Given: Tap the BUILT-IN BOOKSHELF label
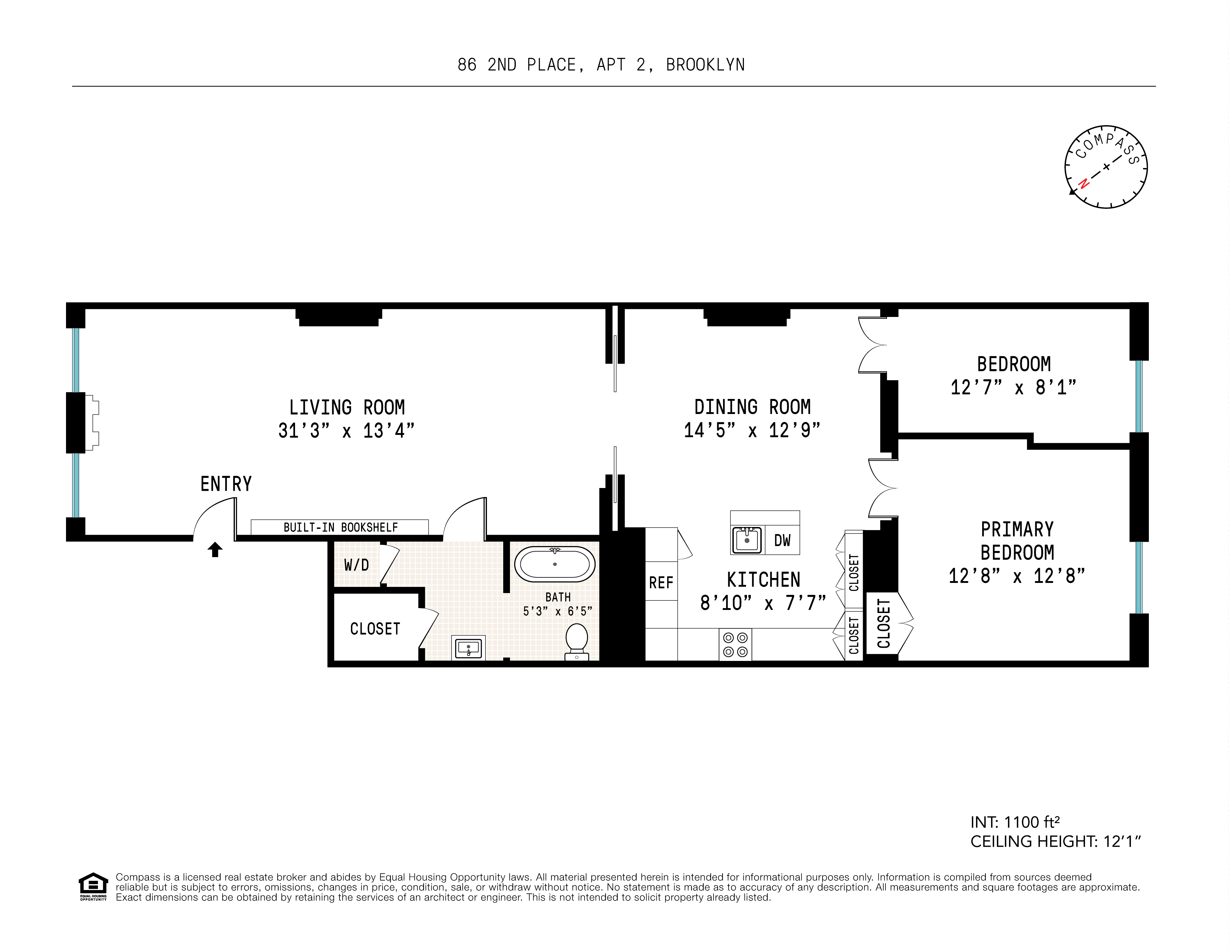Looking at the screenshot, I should pyautogui.click(x=340, y=527).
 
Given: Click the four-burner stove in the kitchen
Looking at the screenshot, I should pyautogui.click(x=735, y=644).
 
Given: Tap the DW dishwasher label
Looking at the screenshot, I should pyautogui.click(x=782, y=540).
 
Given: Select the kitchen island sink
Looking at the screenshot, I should pyautogui.click(x=747, y=540).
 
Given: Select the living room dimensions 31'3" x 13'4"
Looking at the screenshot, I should pyautogui.click(x=346, y=431).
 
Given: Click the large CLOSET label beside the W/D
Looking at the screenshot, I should pyautogui.click(x=375, y=629).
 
